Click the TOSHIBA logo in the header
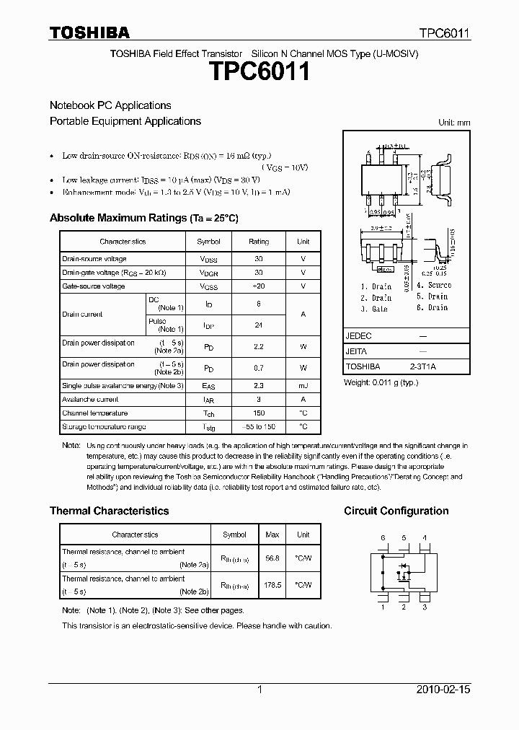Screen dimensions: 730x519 pos(89,32)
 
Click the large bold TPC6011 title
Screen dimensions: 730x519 pos(259,73)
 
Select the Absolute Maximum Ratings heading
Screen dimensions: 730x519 pos(143,218)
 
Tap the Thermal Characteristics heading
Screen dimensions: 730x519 pos(109,511)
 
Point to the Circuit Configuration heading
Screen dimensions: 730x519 pos(396,511)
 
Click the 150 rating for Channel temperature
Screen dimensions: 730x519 pos(259,413)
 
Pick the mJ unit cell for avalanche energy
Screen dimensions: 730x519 pos(303,386)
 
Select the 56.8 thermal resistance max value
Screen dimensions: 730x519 pos(272,558)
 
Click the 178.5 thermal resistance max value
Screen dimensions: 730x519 pos(272,585)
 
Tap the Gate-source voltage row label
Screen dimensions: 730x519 pos(94,286)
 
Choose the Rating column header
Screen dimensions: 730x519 pos(259,242)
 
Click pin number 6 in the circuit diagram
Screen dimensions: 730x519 pos(383,538)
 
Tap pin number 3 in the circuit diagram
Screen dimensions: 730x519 pos(425,607)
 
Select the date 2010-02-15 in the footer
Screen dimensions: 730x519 pos(443,690)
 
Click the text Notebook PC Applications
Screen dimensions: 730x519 pos(110,105)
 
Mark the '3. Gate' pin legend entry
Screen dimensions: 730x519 pos(374,308)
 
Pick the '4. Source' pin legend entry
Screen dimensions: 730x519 pos(434,285)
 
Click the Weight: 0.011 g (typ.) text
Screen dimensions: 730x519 pos(381,382)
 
